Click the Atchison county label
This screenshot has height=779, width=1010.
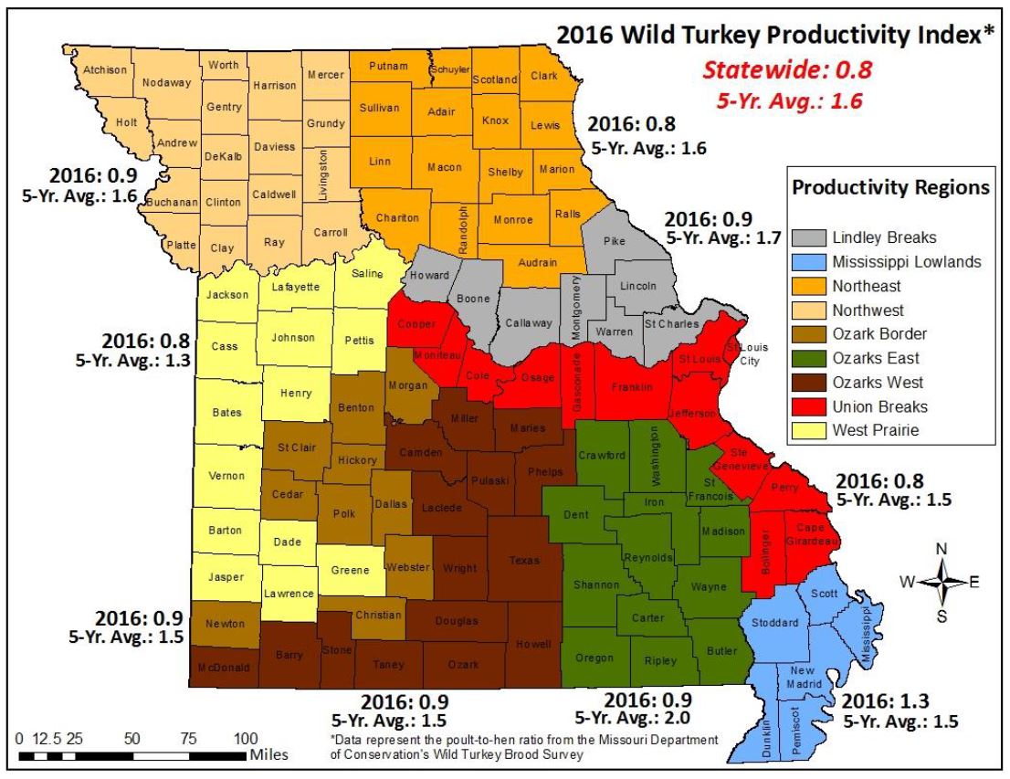[x=104, y=69]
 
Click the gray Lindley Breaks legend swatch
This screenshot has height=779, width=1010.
[x=807, y=237]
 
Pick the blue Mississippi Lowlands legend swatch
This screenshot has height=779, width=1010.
[x=807, y=262]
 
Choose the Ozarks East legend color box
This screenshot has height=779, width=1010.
[x=807, y=359]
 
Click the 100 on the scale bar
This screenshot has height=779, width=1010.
[x=246, y=737]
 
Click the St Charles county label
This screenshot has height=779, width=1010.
[x=671, y=324]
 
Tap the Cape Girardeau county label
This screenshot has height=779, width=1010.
[x=811, y=534]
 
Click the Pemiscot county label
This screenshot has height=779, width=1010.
[x=796, y=727]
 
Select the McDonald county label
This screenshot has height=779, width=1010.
[x=224, y=668]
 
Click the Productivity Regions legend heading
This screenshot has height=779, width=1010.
[x=890, y=188]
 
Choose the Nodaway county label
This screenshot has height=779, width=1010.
[x=167, y=82]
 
